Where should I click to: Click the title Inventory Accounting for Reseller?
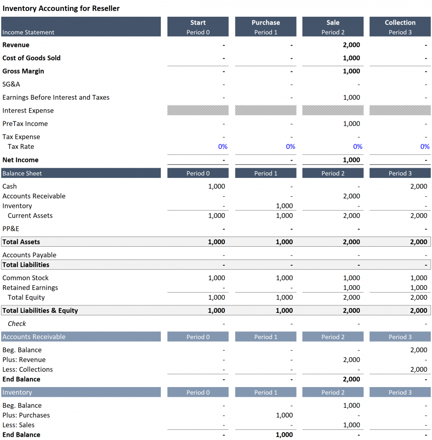click(61, 8)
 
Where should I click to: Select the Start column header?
click(198, 23)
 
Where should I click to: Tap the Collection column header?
click(400, 23)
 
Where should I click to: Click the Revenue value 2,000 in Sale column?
click(351, 45)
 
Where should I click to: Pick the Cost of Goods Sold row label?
click(31, 58)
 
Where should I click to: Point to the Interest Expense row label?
click(28, 111)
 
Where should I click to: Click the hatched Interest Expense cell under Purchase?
click(265, 110)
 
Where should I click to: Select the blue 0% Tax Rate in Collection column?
click(425, 147)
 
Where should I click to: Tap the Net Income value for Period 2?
click(351, 160)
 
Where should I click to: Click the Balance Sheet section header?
click(22, 173)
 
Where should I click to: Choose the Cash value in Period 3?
click(418, 186)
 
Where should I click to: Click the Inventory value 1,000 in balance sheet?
click(284, 206)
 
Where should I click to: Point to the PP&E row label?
click(11, 229)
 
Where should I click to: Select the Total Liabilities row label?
click(26, 265)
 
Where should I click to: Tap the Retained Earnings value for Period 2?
click(351, 288)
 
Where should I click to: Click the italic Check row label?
click(17, 323)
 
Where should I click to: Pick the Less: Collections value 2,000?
click(418, 369)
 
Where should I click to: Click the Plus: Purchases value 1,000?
click(284, 415)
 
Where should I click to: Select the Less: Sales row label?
click(18, 425)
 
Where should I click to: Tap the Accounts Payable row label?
click(29, 255)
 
